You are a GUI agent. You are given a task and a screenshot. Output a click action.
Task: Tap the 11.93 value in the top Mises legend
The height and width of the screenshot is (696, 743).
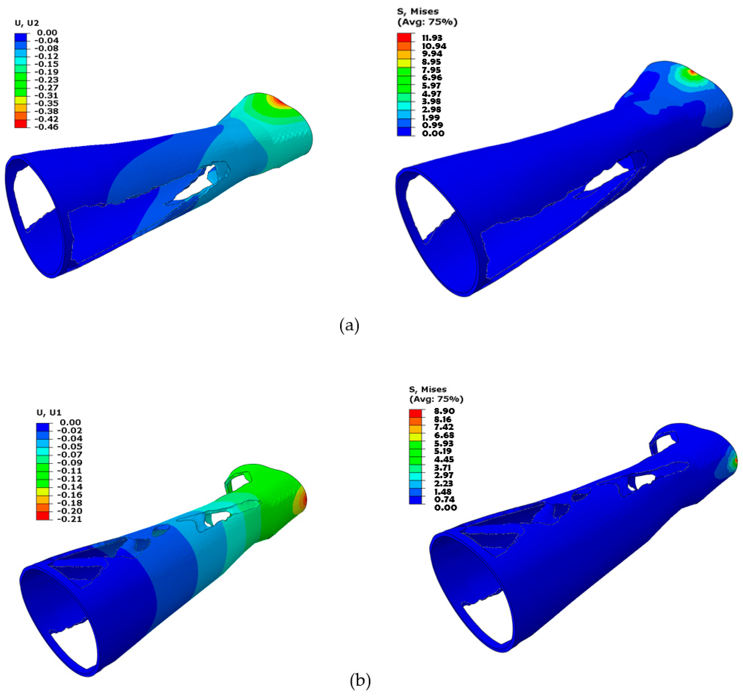tap(432, 38)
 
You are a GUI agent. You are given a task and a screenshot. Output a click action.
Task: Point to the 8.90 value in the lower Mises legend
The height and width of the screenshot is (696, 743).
tap(444, 411)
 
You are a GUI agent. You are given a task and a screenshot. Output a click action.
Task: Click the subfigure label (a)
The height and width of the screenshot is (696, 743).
tap(350, 325)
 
